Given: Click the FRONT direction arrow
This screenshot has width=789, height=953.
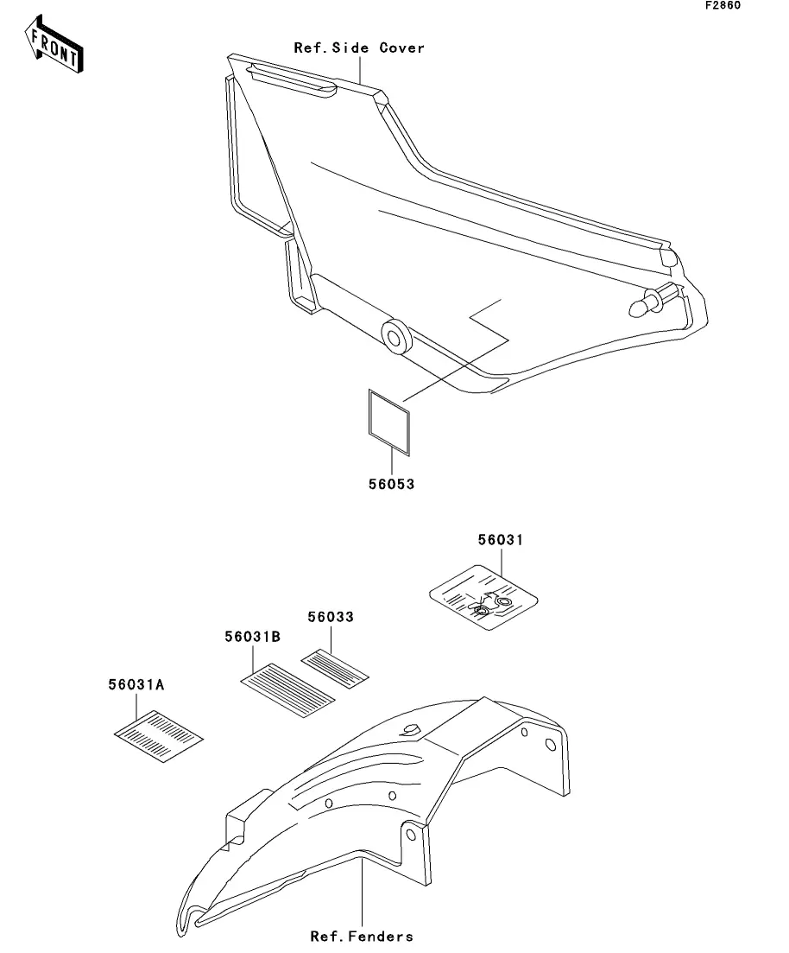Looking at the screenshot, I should tap(54, 47).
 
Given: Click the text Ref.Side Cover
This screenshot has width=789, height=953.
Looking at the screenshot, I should tap(359, 48).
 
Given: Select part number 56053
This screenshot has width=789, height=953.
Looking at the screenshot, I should tap(392, 485).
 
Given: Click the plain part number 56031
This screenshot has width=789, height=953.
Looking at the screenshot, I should tap(501, 540).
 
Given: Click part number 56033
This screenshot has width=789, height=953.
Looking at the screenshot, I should tap(331, 617).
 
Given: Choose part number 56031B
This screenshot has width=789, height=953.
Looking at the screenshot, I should tap(253, 636).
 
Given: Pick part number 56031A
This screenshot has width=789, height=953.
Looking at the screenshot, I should tap(136, 684).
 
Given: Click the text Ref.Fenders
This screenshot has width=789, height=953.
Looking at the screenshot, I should tap(362, 937).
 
